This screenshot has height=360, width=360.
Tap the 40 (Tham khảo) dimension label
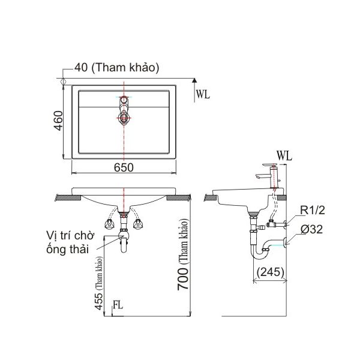[x=116, y=68]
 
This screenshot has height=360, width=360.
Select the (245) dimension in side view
[x=269, y=271]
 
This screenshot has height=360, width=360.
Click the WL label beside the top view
[x=203, y=93]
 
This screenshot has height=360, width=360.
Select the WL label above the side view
[x=284, y=155]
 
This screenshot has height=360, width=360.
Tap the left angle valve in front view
[x=110, y=224]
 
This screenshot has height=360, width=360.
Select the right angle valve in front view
[x=139, y=224]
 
